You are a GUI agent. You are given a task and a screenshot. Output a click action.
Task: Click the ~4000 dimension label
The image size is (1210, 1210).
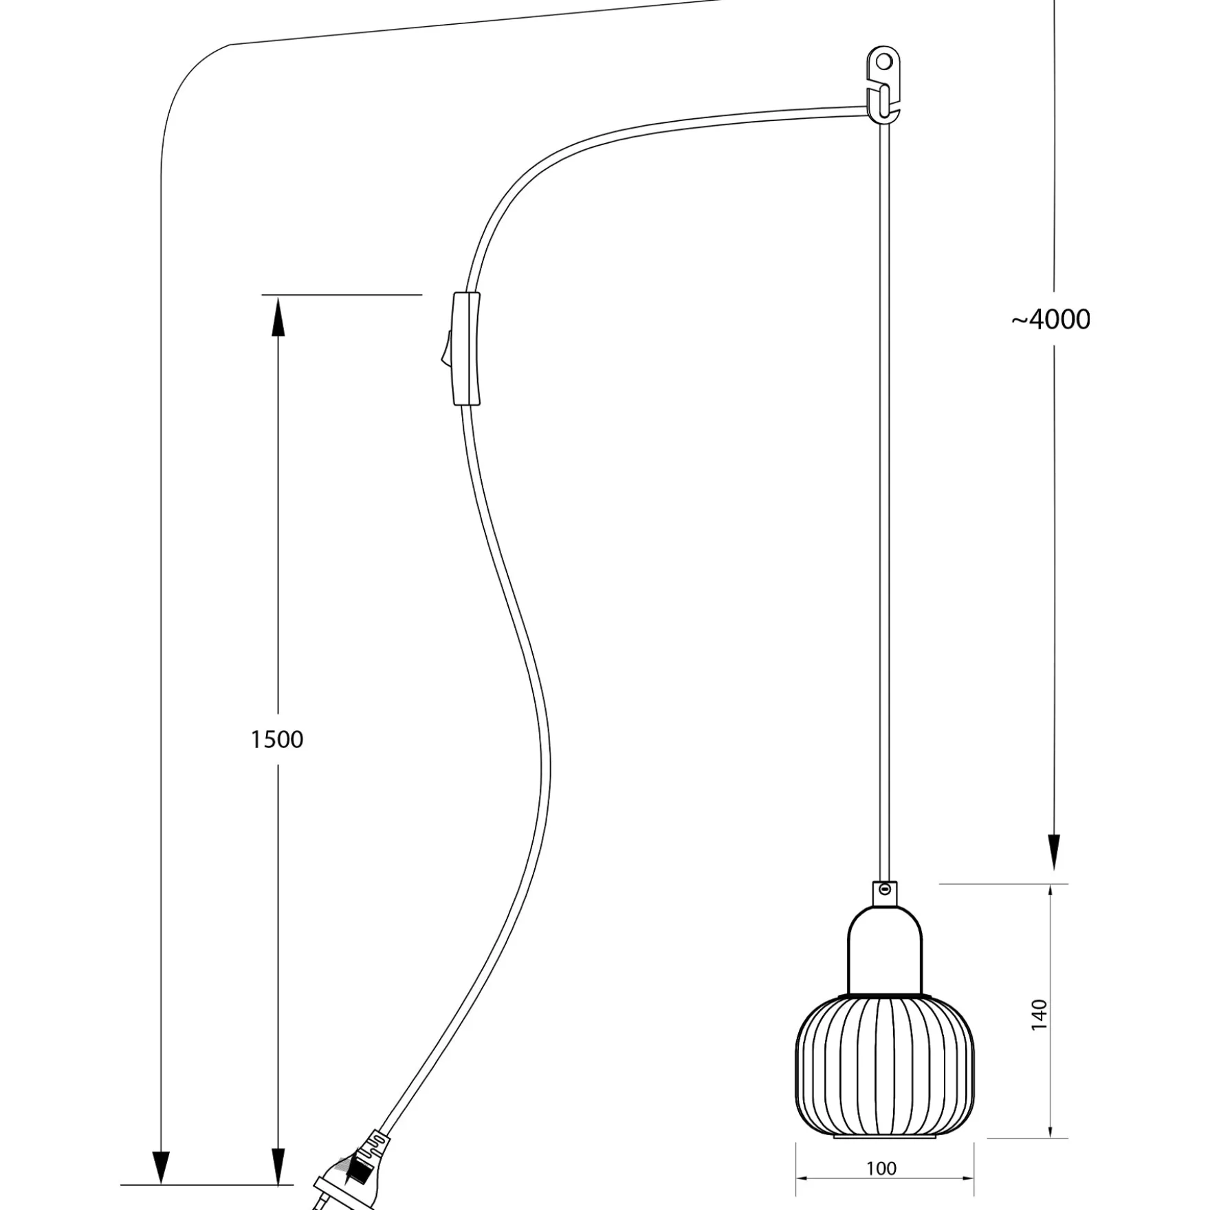(x=1050, y=320)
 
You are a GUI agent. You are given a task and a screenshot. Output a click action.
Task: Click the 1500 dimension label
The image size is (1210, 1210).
(x=276, y=740)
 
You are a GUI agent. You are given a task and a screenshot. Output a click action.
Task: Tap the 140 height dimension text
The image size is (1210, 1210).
(x=1039, y=1015)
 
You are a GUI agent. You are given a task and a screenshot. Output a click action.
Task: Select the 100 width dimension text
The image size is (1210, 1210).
(x=881, y=1169)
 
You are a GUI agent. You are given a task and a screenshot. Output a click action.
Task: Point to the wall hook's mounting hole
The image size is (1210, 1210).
(x=884, y=62)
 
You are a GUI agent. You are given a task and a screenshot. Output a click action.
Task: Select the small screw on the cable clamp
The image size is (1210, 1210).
(x=885, y=889)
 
